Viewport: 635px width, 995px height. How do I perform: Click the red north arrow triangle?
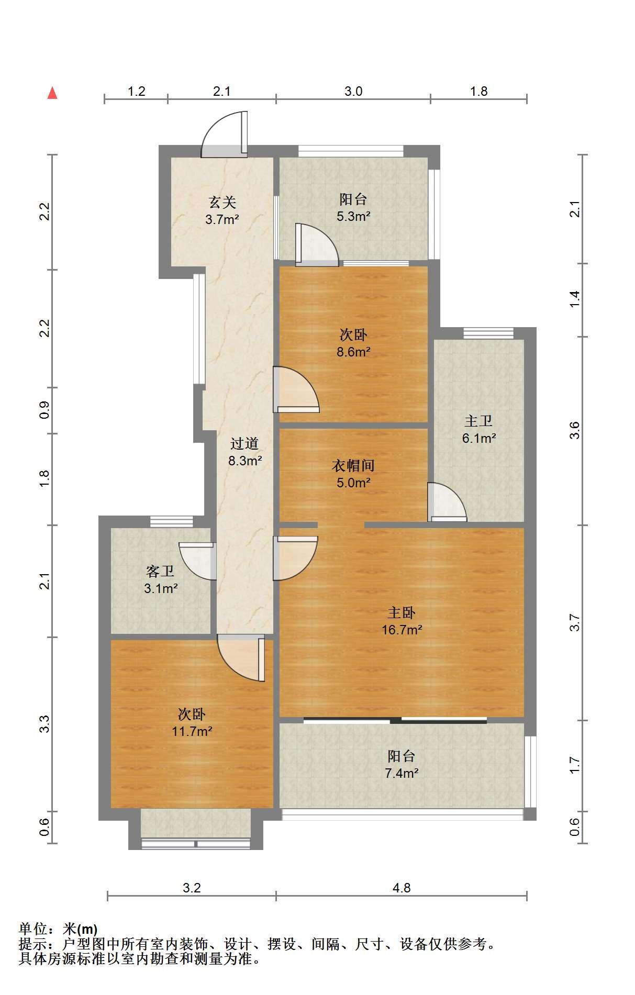click(52, 93)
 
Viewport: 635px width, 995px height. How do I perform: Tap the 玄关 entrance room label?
click(222, 202)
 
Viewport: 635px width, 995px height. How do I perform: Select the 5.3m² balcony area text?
click(354, 216)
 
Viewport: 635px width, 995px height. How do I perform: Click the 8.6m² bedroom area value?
click(354, 352)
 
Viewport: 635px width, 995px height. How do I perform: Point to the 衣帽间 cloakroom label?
click(354, 465)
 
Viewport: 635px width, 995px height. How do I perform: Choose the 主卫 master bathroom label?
click(478, 421)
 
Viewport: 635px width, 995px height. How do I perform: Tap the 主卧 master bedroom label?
click(402, 612)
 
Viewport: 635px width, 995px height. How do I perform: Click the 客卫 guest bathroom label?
click(160, 571)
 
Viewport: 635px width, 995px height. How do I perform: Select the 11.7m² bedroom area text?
click(192, 731)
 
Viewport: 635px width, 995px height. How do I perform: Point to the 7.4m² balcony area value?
click(402, 773)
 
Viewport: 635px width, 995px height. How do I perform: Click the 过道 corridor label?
click(244, 444)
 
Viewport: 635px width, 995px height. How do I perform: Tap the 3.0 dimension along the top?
click(353, 92)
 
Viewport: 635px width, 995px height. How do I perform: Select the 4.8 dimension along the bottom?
click(402, 888)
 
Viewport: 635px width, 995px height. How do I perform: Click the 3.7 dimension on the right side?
click(575, 622)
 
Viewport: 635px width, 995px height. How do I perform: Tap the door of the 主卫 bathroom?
click(447, 502)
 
